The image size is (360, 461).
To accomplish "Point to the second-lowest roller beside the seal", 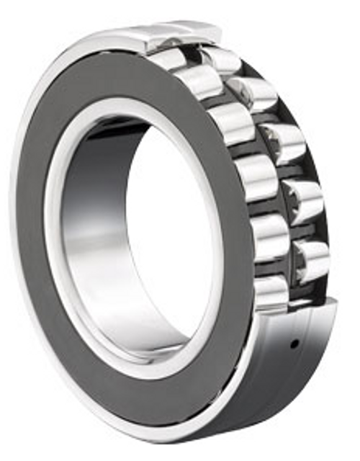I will pos(268,235).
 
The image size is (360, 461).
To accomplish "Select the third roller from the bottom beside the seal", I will pos(255,176).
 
